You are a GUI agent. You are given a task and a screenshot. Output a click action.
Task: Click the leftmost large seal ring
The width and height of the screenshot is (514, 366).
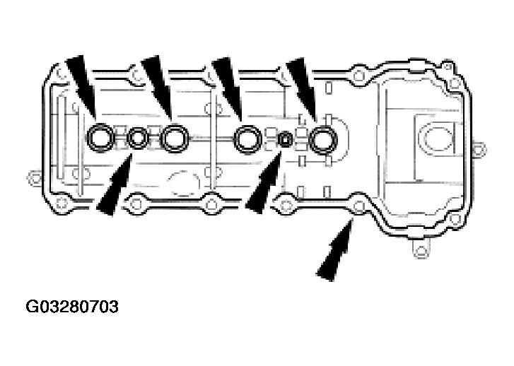click(x=100, y=138)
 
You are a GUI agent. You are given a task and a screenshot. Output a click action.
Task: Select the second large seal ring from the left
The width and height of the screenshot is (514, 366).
click(x=173, y=138)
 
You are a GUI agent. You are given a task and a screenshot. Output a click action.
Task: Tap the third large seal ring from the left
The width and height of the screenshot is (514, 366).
click(x=248, y=138)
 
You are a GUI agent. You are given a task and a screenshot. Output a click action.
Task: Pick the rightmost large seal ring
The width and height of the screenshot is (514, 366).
click(x=325, y=138)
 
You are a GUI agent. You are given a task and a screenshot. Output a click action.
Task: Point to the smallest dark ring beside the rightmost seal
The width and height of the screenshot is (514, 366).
click(x=286, y=139)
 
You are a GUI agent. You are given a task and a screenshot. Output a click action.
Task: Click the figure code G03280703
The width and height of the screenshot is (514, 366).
click(x=71, y=307)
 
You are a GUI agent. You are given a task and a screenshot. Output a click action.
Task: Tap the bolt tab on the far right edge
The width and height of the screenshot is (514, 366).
click(x=479, y=148)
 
